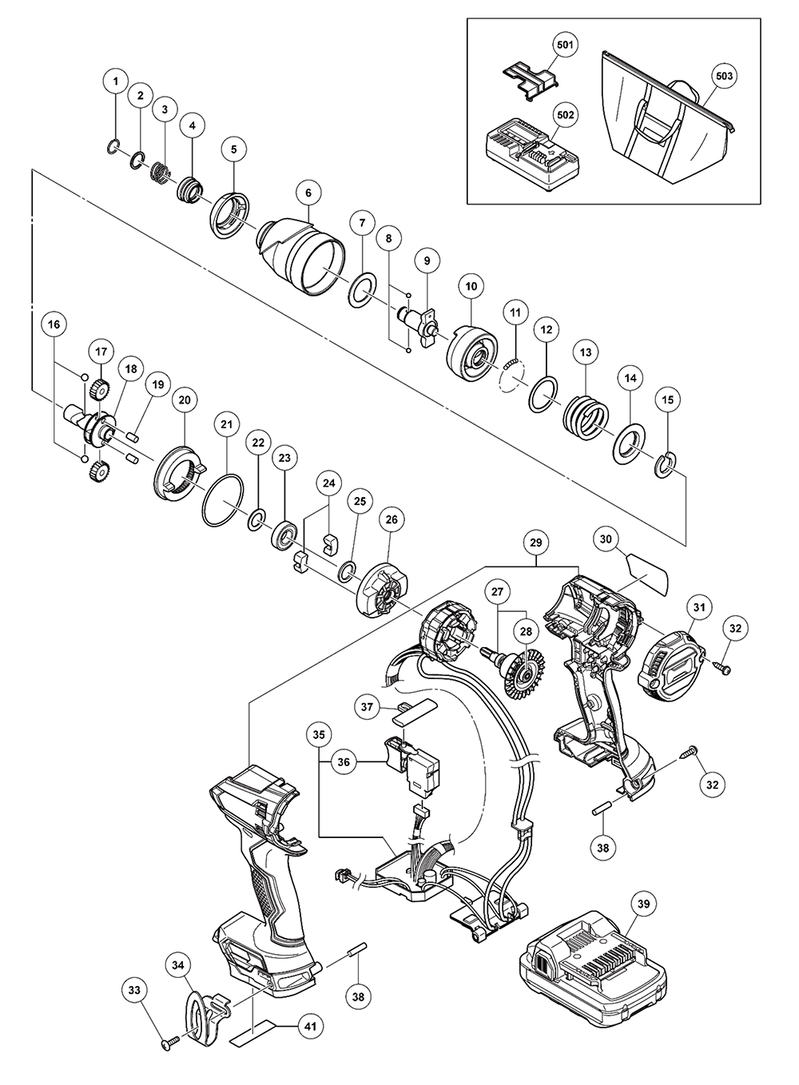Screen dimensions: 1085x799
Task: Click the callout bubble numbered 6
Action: [308, 193]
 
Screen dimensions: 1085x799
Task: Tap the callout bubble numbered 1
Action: [116, 81]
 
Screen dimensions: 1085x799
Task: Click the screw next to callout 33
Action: [170, 1042]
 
